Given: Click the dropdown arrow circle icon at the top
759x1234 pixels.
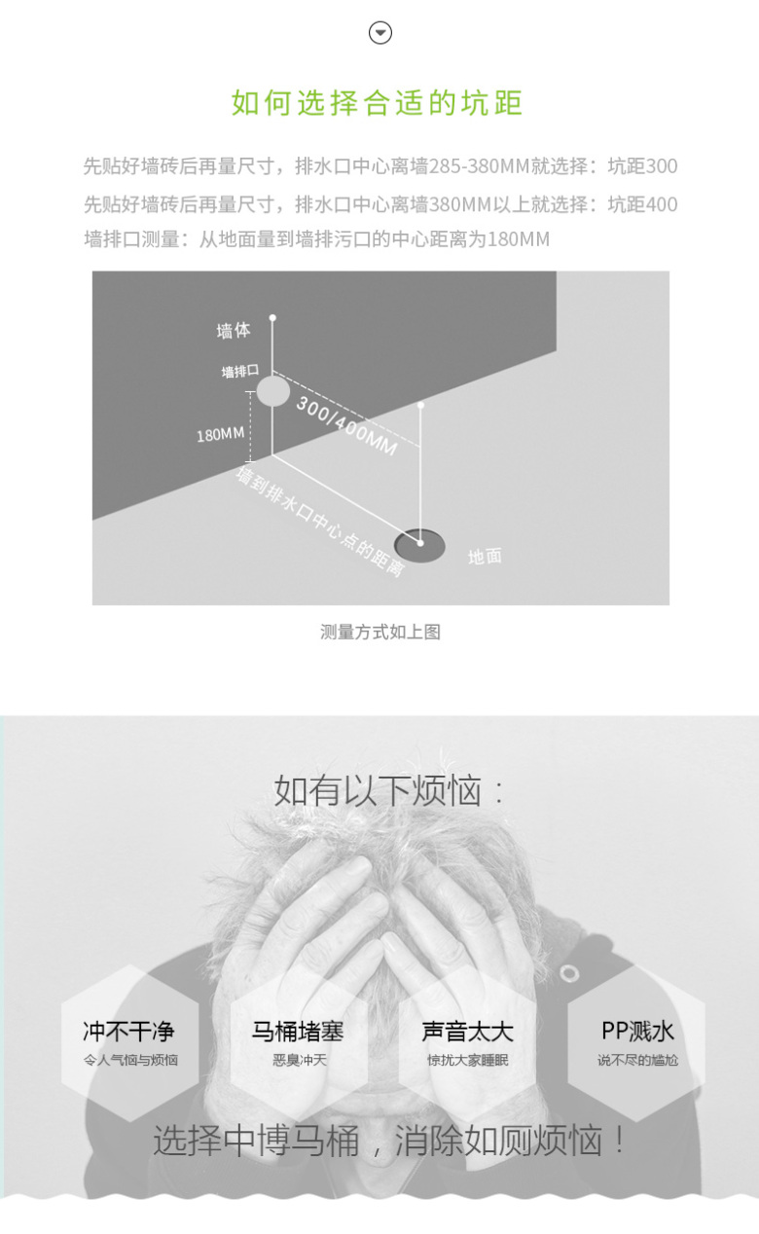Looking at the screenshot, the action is coord(380,33).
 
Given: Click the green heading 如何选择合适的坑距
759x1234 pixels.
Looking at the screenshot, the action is coord(378,103).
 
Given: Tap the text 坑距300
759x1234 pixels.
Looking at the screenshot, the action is coord(642,165).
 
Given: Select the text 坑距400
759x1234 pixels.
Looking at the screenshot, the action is coord(642,204).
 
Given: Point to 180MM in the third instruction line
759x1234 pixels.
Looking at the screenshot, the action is coord(519,239).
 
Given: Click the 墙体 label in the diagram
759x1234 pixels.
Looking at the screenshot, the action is coord(234,331).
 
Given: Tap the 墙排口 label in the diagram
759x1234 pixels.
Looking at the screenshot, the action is coord(240,372).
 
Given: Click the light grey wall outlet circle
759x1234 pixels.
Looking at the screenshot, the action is coord(273,391).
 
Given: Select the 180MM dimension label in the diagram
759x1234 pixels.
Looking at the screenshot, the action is coord(220,435).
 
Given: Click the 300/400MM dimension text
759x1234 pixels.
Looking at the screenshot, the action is coord(346,426).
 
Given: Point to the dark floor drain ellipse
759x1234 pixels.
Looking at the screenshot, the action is coord(419,545).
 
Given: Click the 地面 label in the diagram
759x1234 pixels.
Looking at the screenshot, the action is coord(486,557).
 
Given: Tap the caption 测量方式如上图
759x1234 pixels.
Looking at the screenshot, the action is coord(380,632).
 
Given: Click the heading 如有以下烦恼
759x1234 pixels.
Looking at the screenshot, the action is coord(389,790).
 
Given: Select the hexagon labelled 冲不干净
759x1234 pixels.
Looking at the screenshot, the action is coord(130,1042).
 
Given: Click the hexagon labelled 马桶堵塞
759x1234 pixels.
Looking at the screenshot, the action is coord(299,1042).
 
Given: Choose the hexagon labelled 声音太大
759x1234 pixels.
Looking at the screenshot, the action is coord(468,1042).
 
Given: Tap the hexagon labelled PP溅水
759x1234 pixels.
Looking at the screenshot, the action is coord(636,1042).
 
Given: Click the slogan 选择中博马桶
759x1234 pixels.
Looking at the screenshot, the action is coord(256,1141).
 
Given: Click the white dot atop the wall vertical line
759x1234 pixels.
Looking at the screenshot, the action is coord(272,318).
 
